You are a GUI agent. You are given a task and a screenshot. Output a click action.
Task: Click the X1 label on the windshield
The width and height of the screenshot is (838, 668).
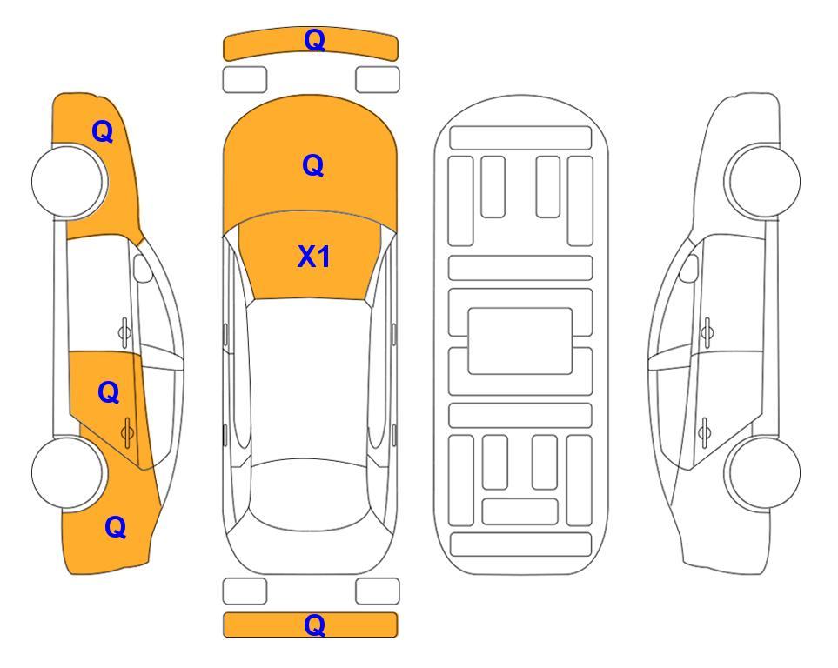pos(314,257)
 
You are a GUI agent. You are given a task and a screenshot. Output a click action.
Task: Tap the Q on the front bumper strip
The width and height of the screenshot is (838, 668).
pos(314,40)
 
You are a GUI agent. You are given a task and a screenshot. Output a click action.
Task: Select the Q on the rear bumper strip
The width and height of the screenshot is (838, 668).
pos(314,625)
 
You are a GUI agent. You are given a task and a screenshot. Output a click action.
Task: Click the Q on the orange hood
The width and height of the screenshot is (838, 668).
pos(313,165)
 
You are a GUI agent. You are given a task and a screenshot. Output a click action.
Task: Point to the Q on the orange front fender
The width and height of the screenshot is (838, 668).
pos(103,131)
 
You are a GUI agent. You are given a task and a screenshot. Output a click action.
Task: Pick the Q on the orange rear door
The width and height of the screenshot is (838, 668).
pos(109,393)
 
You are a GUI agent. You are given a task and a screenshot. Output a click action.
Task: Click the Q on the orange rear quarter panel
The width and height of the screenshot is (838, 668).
pos(116,527)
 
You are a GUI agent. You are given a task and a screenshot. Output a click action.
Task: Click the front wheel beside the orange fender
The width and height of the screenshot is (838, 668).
pos(69,181)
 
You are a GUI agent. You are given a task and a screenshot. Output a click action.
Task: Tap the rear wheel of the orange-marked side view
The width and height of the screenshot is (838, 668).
pos(68,472)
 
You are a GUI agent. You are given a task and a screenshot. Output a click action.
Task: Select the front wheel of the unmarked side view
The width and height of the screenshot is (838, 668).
pos(762,181)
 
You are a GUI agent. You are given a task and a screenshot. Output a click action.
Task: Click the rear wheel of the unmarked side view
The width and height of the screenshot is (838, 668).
pos(764,472)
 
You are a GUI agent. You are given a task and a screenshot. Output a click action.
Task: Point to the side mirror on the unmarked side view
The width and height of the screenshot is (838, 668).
pos(689,268)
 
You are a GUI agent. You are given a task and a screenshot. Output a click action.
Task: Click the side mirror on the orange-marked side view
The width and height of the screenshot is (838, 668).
pos(142,268)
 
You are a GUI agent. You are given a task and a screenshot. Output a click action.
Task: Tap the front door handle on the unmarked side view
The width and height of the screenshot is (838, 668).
pos(707,332)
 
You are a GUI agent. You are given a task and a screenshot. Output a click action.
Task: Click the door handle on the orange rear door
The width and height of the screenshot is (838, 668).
pos(127,431)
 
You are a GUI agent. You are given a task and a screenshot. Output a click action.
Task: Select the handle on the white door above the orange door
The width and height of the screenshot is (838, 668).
pos(124,332)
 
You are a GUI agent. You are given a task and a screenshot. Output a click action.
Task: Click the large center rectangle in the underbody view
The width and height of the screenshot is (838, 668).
pos(520,341)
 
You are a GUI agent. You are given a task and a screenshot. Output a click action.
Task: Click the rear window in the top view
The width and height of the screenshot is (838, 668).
pos(310,494)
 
